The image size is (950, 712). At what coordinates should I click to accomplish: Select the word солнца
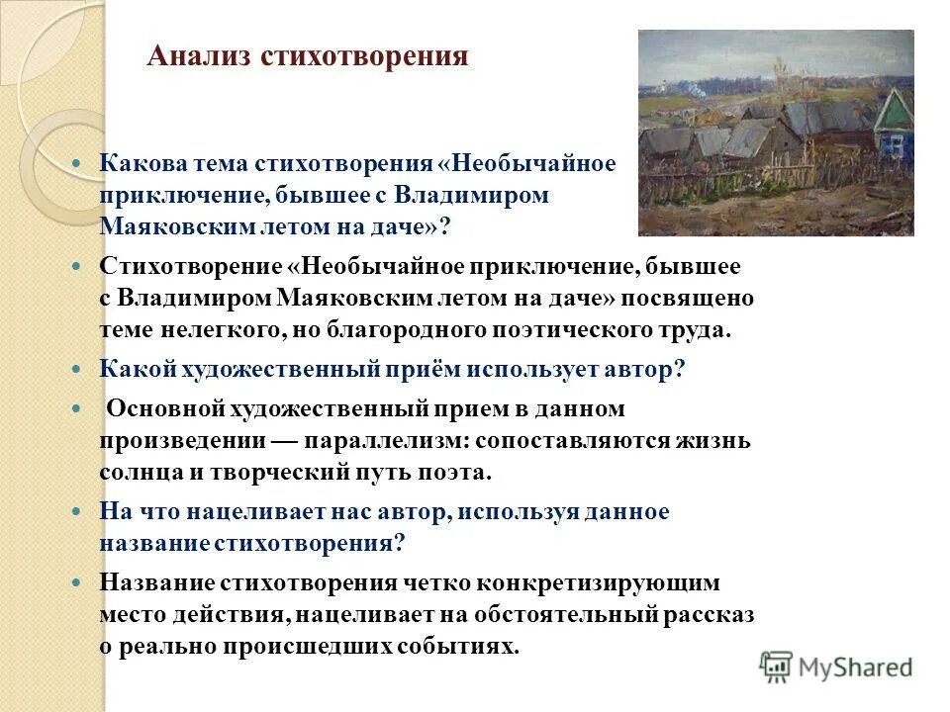click(x=134, y=472)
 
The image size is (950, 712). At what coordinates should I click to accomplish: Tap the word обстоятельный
click(x=562, y=614)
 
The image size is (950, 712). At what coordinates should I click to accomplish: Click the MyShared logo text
click(x=856, y=667)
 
